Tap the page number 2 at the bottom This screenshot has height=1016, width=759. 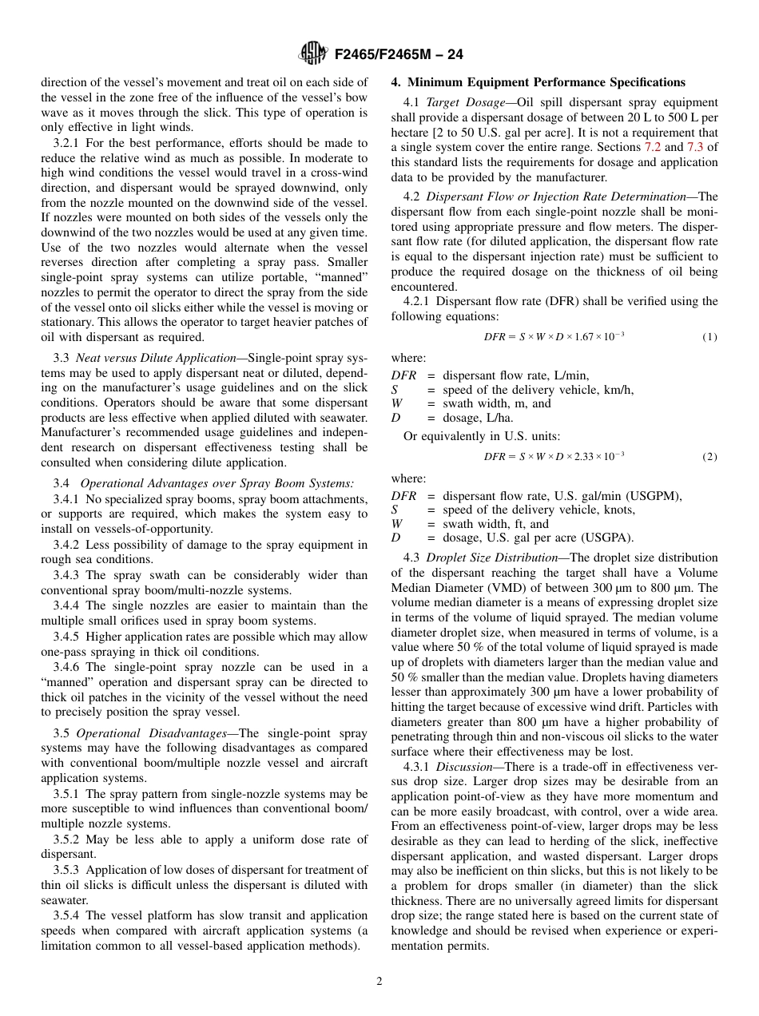pos(379,982)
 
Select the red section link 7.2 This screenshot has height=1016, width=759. pos(653,148)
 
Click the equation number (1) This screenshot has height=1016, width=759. pos(709,337)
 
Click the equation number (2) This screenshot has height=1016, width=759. pos(709,457)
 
